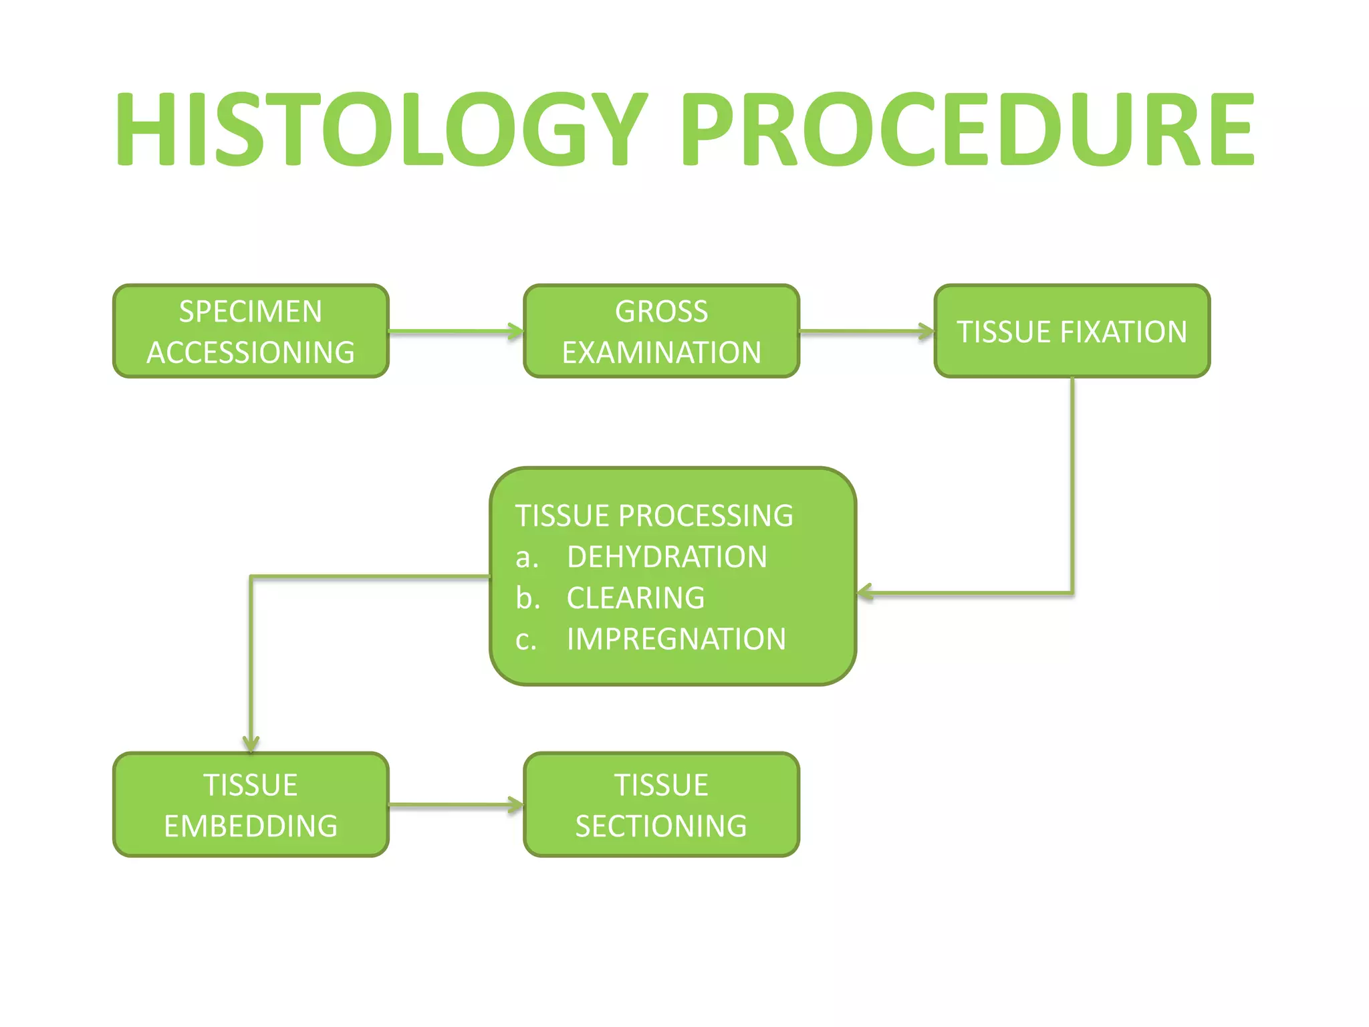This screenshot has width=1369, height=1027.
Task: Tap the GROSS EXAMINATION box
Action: pyautogui.click(x=661, y=331)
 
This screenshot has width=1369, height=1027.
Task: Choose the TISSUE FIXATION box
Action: pyautogui.click(x=1072, y=331)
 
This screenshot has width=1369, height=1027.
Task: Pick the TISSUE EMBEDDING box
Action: pyautogui.click(x=251, y=804)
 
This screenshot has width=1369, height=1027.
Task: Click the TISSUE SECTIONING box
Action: pyautogui.click(x=661, y=804)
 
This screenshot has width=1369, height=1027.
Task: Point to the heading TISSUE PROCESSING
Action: pyautogui.click(x=654, y=516)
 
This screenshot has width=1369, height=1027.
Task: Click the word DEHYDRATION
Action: pyautogui.click(x=666, y=557)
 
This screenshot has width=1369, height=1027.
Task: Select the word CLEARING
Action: pyautogui.click(x=636, y=598)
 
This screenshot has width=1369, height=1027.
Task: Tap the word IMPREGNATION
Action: pyautogui.click(x=676, y=639)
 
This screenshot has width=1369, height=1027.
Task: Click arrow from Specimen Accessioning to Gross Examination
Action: pyautogui.click(x=455, y=331)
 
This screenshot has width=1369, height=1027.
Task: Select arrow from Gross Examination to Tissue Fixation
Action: pyautogui.click(x=866, y=331)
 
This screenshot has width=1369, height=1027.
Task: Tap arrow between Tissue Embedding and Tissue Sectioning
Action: pyautogui.click(x=455, y=804)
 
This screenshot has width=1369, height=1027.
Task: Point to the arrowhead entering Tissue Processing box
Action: pyautogui.click(x=865, y=592)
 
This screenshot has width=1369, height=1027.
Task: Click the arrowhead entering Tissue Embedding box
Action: pyautogui.click(x=251, y=744)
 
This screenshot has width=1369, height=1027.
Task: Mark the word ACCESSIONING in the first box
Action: pyautogui.click(x=251, y=352)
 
